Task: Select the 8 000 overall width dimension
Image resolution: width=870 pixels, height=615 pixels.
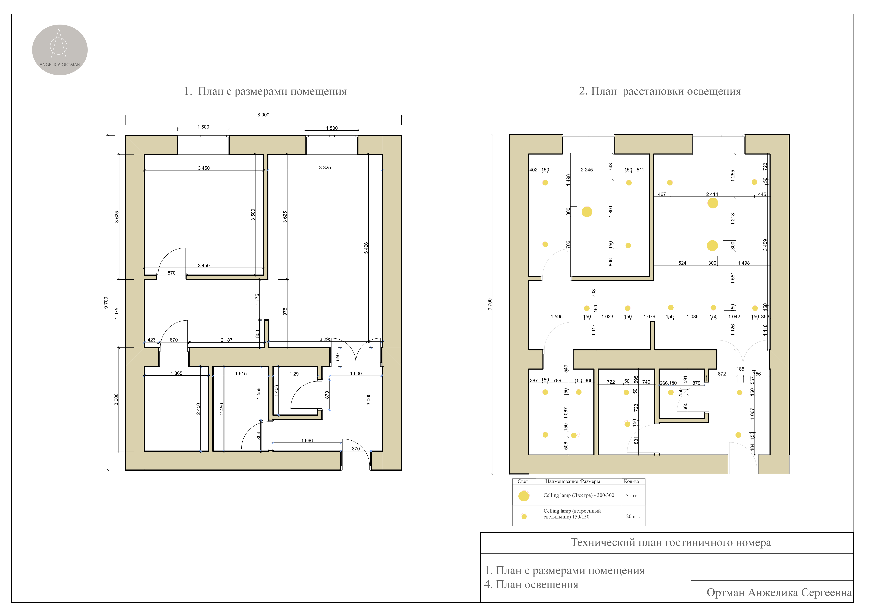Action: point(263,115)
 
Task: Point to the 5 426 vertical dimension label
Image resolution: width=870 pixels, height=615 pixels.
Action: point(366,248)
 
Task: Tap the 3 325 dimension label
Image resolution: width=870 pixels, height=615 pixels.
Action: point(325,167)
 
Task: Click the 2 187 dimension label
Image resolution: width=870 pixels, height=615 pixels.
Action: point(227,340)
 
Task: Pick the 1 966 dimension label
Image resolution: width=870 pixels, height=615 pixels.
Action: point(307,440)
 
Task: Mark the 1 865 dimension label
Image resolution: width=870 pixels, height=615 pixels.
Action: point(177,373)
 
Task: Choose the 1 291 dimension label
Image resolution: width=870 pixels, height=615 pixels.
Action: point(295,374)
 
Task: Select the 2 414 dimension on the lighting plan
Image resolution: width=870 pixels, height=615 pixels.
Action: point(712,194)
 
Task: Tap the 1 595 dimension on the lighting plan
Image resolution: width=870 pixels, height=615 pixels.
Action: point(557,317)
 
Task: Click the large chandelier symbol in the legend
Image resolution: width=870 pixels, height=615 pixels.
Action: point(524,496)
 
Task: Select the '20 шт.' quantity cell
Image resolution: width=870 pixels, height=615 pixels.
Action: point(633,516)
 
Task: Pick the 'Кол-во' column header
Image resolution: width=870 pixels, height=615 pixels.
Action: point(631,481)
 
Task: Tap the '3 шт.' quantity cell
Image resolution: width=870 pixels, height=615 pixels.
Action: point(632,496)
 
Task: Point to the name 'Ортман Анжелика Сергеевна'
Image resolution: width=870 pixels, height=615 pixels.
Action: point(779,593)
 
